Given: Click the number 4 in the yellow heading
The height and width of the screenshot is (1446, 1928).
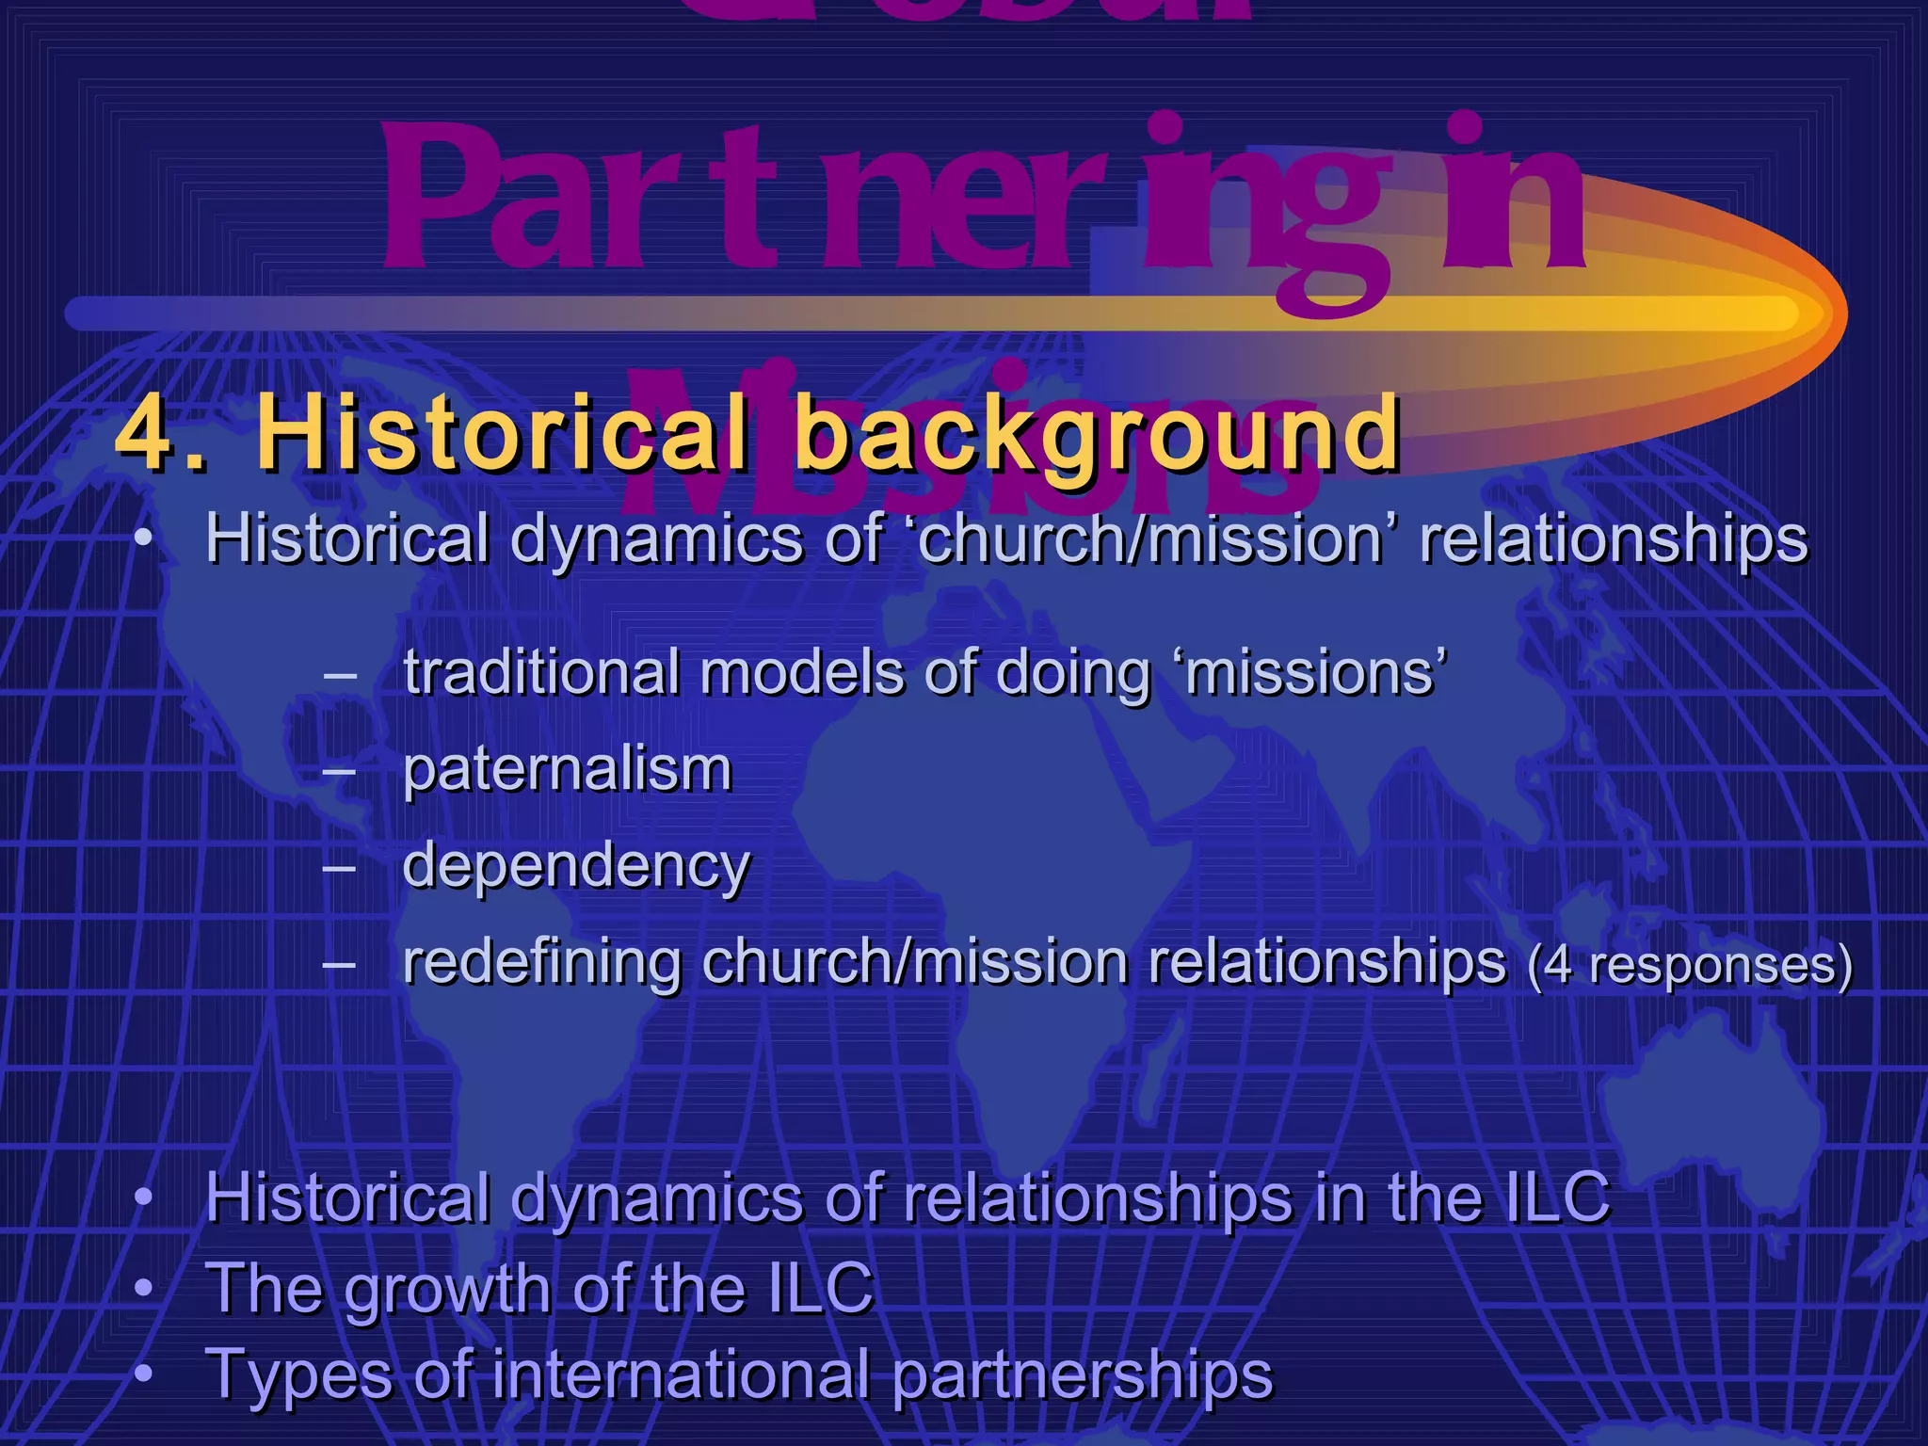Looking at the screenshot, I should tap(148, 434).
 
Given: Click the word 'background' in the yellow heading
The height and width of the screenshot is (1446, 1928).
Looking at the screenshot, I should tap(1097, 434).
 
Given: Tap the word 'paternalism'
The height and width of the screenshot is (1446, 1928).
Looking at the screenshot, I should tap(567, 769).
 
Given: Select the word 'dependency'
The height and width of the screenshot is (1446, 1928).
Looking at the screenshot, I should tap(575, 866).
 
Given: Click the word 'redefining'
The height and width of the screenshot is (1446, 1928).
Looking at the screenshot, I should tap(541, 962).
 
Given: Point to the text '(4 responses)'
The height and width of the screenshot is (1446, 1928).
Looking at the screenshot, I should tap(1690, 966).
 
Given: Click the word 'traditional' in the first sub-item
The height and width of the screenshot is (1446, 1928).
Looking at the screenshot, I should tap(541, 672).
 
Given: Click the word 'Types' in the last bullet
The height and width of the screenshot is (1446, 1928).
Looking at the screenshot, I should tap(297, 1374).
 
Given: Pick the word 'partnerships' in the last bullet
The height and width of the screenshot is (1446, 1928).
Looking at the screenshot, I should tap(1082, 1374).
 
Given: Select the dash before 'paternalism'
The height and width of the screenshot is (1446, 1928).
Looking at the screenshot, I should tap(339, 771).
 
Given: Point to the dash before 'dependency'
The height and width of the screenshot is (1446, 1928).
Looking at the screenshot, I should tap(339, 867).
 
